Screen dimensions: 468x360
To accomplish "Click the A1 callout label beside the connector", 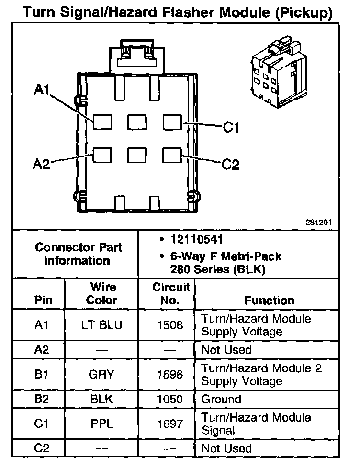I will (x=42, y=90).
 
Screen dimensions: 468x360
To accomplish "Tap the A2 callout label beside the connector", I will (x=42, y=164).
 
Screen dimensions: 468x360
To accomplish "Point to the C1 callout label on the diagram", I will (x=231, y=127).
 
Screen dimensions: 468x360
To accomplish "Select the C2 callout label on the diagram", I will (x=231, y=165).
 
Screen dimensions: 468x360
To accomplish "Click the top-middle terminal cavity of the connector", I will (x=137, y=122).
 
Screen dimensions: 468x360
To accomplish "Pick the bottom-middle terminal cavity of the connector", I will (x=137, y=155).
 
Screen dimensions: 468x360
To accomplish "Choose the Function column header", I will (x=270, y=301).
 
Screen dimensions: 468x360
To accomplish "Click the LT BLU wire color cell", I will (x=102, y=325).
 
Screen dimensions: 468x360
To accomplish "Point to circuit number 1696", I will (x=170, y=375).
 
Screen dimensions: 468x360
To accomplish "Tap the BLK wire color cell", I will (x=102, y=400).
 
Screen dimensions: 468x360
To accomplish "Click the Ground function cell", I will (x=221, y=400).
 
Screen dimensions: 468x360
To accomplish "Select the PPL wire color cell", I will (x=102, y=424).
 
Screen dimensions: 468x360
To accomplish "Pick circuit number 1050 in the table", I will (x=170, y=400).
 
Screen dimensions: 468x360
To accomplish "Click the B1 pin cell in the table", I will (x=42, y=375).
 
